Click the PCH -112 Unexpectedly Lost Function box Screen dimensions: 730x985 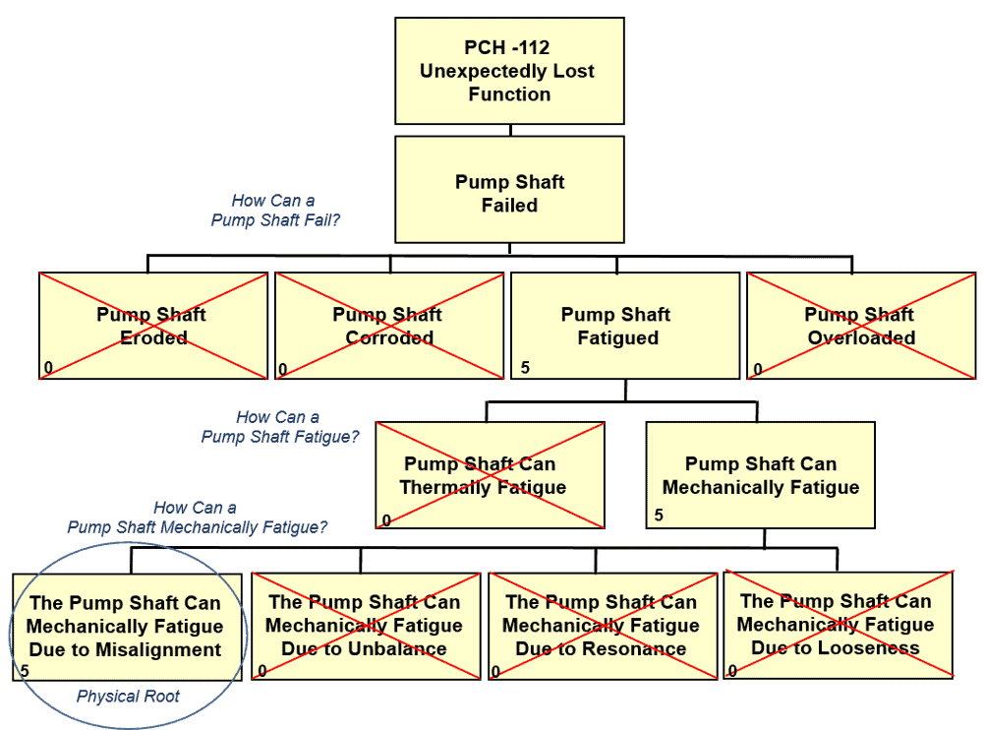click(x=509, y=71)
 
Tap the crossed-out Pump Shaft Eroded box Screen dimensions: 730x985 click(x=152, y=326)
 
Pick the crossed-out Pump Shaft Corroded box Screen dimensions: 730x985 click(x=388, y=326)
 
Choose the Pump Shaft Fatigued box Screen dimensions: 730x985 click(x=624, y=326)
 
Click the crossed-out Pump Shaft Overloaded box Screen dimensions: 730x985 click(x=861, y=326)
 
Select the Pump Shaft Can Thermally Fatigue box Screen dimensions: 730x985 click(x=490, y=475)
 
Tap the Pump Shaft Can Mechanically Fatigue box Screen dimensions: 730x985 click(x=760, y=475)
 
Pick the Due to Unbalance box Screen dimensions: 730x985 click(x=364, y=626)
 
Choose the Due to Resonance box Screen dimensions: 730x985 click(x=602, y=626)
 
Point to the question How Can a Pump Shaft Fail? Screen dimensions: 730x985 click(x=274, y=211)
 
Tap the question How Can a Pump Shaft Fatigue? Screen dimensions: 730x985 click(x=279, y=427)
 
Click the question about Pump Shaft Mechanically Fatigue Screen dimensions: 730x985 click(x=197, y=517)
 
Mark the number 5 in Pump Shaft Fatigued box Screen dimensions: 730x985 click(x=525, y=368)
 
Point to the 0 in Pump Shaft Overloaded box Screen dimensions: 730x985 click(x=758, y=370)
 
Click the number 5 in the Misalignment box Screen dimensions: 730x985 click(x=24, y=670)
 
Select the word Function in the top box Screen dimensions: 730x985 click(x=509, y=94)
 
